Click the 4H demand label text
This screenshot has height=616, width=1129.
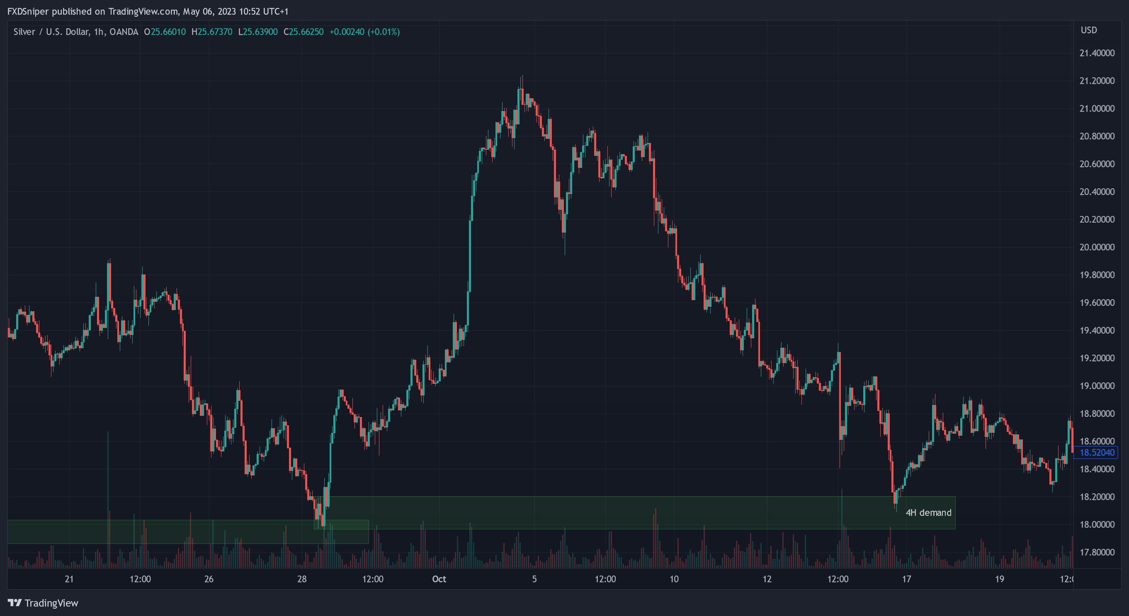pos(928,513)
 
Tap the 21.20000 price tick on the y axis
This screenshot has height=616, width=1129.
pos(1097,80)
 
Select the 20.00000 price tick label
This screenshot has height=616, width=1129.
pos(1097,247)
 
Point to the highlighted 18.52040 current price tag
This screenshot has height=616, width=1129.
pos(1097,453)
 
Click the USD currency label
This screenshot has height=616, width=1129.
pos(1089,30)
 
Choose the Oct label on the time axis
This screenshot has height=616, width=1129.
pos(439,579)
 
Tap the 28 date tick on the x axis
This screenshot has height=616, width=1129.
pos(301,579)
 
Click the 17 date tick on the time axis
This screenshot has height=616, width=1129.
pos(906,579)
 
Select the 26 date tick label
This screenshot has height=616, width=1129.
pos(209,579)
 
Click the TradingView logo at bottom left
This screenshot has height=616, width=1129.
pos(43,603)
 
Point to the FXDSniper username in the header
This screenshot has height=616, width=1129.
pos(28,11)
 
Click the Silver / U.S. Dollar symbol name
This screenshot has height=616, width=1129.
pos(51,32)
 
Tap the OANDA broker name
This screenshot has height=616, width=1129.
pos(124,32)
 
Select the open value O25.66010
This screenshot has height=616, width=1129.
pos(165,32)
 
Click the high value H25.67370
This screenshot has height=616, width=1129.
pos(212,32)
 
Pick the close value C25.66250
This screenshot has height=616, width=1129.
pos(303,32)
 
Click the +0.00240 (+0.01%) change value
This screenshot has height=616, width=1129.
pos(364,32)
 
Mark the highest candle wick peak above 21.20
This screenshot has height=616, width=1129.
pos(522,76)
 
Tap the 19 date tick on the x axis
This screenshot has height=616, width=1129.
pos(999,579)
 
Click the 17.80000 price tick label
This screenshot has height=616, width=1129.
pos(1097,552)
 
